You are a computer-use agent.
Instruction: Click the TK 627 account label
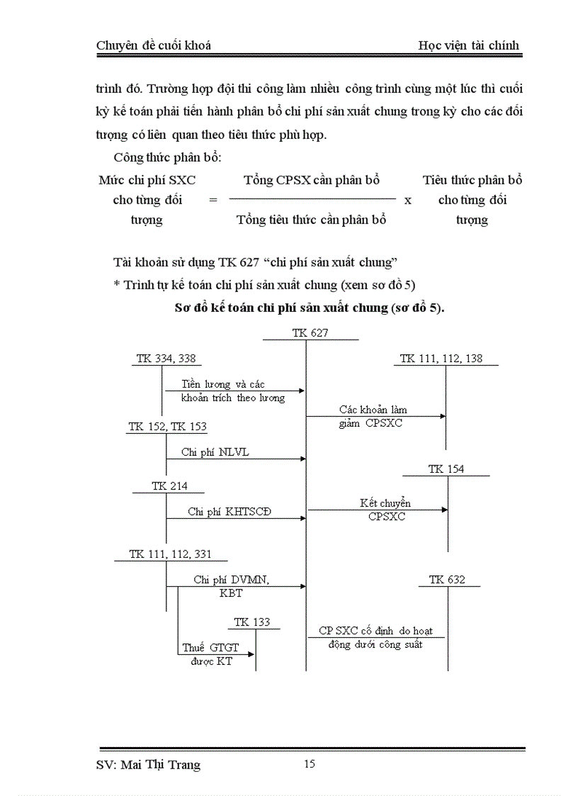click(310, 332)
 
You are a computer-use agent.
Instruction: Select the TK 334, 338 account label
click(166, 359)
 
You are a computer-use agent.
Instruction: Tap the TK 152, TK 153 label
click(167, 427)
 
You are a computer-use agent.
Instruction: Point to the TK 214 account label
click(168, 486)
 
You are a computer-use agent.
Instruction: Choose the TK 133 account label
click(251, 622)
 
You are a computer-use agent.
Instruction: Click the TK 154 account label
click(446, 469)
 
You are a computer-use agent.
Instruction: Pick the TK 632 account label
click(447, 580)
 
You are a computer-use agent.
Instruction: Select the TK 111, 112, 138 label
click(441, 359)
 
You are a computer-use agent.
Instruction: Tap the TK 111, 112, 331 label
click(170, 554)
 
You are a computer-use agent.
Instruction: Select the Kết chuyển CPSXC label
click(385, 510)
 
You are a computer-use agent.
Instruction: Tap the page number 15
click(309, 763)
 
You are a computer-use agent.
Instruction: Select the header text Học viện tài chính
click(468, 45)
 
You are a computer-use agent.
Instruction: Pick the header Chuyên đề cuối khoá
click(153, 45)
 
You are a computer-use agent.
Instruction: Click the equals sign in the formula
click(212, 200)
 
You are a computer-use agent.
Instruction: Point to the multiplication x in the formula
click(408, 200)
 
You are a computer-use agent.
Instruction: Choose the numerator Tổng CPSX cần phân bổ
click(312, 180)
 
